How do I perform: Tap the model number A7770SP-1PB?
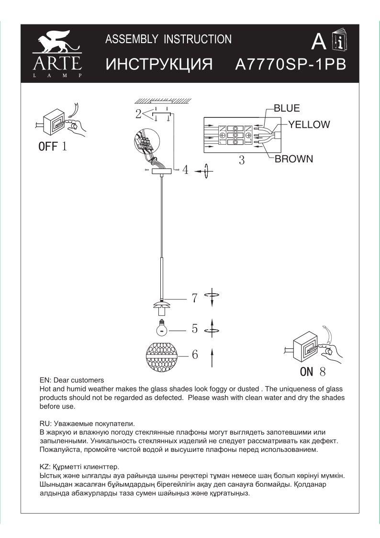(x=291, y=65)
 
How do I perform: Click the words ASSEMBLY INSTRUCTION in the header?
(x=168, y=39)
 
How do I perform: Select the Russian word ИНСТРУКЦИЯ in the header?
(x=158, y=65)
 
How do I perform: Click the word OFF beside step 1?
(x=48, y=147)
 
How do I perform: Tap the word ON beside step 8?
(x=307, y=371)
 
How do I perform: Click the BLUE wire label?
(x=287, y=108)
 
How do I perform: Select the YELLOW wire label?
(x=309, y=125)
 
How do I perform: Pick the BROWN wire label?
(x=294, y=159)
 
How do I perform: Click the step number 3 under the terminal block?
(x=242, y=160)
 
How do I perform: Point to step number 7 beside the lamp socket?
(x=194, y=298)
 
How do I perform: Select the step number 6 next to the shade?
(x=195, y=355)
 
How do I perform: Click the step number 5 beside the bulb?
(x=195, y=329)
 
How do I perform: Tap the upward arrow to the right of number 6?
(x=212, y=357)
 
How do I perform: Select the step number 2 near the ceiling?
(x=138, y=114)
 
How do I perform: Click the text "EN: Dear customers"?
(x=71, y=380)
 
